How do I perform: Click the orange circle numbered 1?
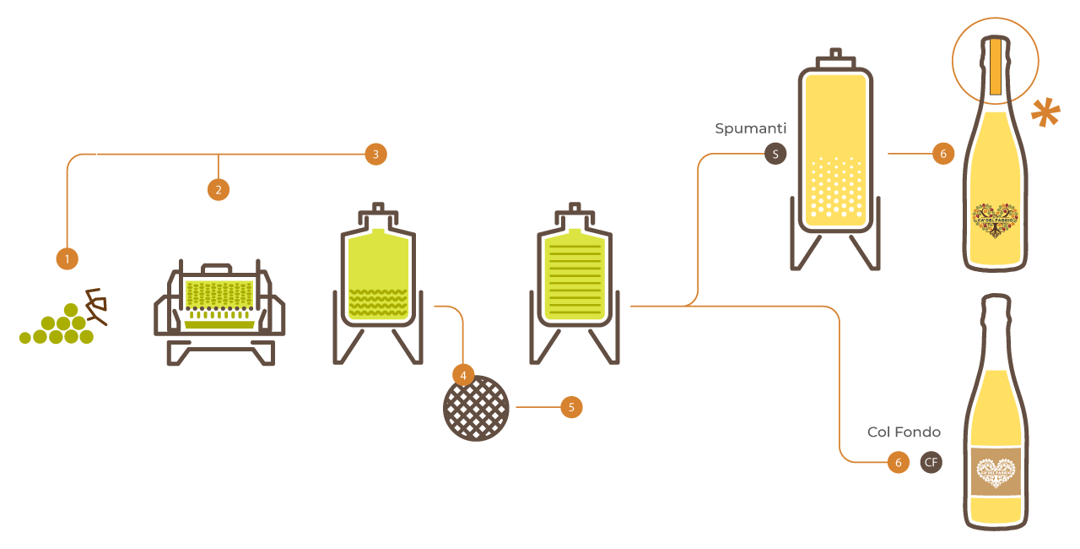click(67, 258)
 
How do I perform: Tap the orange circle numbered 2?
click(219, 189)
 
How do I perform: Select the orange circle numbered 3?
click(375, 154)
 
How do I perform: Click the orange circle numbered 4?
click(463, 374)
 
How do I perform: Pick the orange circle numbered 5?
click(571, 407)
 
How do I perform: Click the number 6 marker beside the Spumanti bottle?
click(943, 154)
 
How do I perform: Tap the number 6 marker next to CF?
click(899, 462)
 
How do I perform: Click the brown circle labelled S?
click(775, 154)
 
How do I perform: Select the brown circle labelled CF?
click(931, 462)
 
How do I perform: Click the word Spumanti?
click(750, 128)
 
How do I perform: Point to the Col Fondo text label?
click(904, 432)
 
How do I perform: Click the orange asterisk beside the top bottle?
click(1045, 112)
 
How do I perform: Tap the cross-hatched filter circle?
click(477, 408)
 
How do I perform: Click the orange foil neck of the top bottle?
click(996, 66)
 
